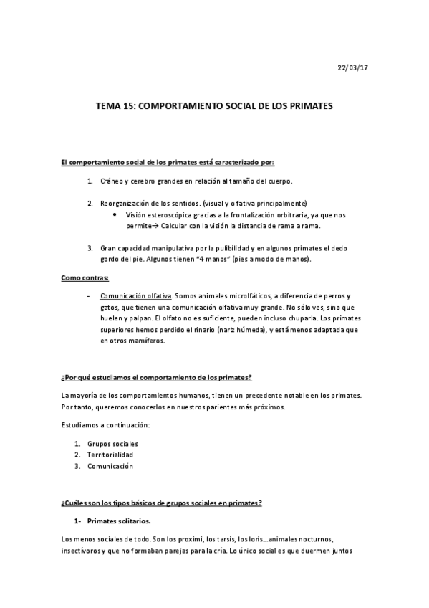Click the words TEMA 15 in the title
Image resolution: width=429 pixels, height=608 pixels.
(x=113, y=105)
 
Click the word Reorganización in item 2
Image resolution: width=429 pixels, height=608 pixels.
(x=125, y=204)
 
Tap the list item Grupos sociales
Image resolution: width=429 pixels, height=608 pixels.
(x=112, y=443)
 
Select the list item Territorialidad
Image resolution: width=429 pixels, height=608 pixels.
(x=110, y=455)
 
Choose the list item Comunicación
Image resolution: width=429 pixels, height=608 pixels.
(x=110, y=466)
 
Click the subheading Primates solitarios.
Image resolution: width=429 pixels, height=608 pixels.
(x=118, y=521)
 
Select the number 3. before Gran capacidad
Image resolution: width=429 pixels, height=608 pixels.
(x=91, y=248)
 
